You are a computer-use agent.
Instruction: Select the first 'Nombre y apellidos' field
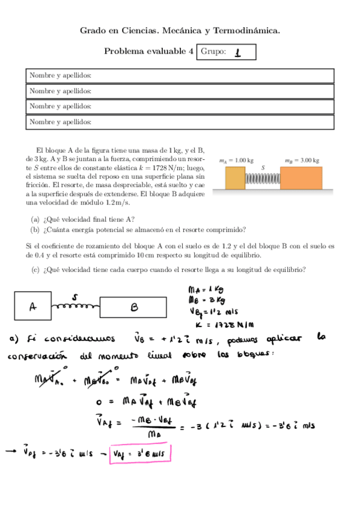coord(180,76)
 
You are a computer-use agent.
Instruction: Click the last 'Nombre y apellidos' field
coord(180,122)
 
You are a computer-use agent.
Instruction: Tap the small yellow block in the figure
coord(235,178)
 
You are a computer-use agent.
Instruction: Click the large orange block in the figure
coord(301,178)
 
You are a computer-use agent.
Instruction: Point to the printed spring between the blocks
coord(263,179)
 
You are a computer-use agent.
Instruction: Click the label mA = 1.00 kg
coord(236,161)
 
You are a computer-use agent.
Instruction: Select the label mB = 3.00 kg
coord(302,161)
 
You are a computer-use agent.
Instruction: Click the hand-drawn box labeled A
coord(32,306)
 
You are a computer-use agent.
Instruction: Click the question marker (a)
coord(35,220)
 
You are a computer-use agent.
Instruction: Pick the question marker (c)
coord(35,269)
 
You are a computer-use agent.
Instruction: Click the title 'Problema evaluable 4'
coord(148,52)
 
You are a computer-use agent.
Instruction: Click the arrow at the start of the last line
coord(13,453)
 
